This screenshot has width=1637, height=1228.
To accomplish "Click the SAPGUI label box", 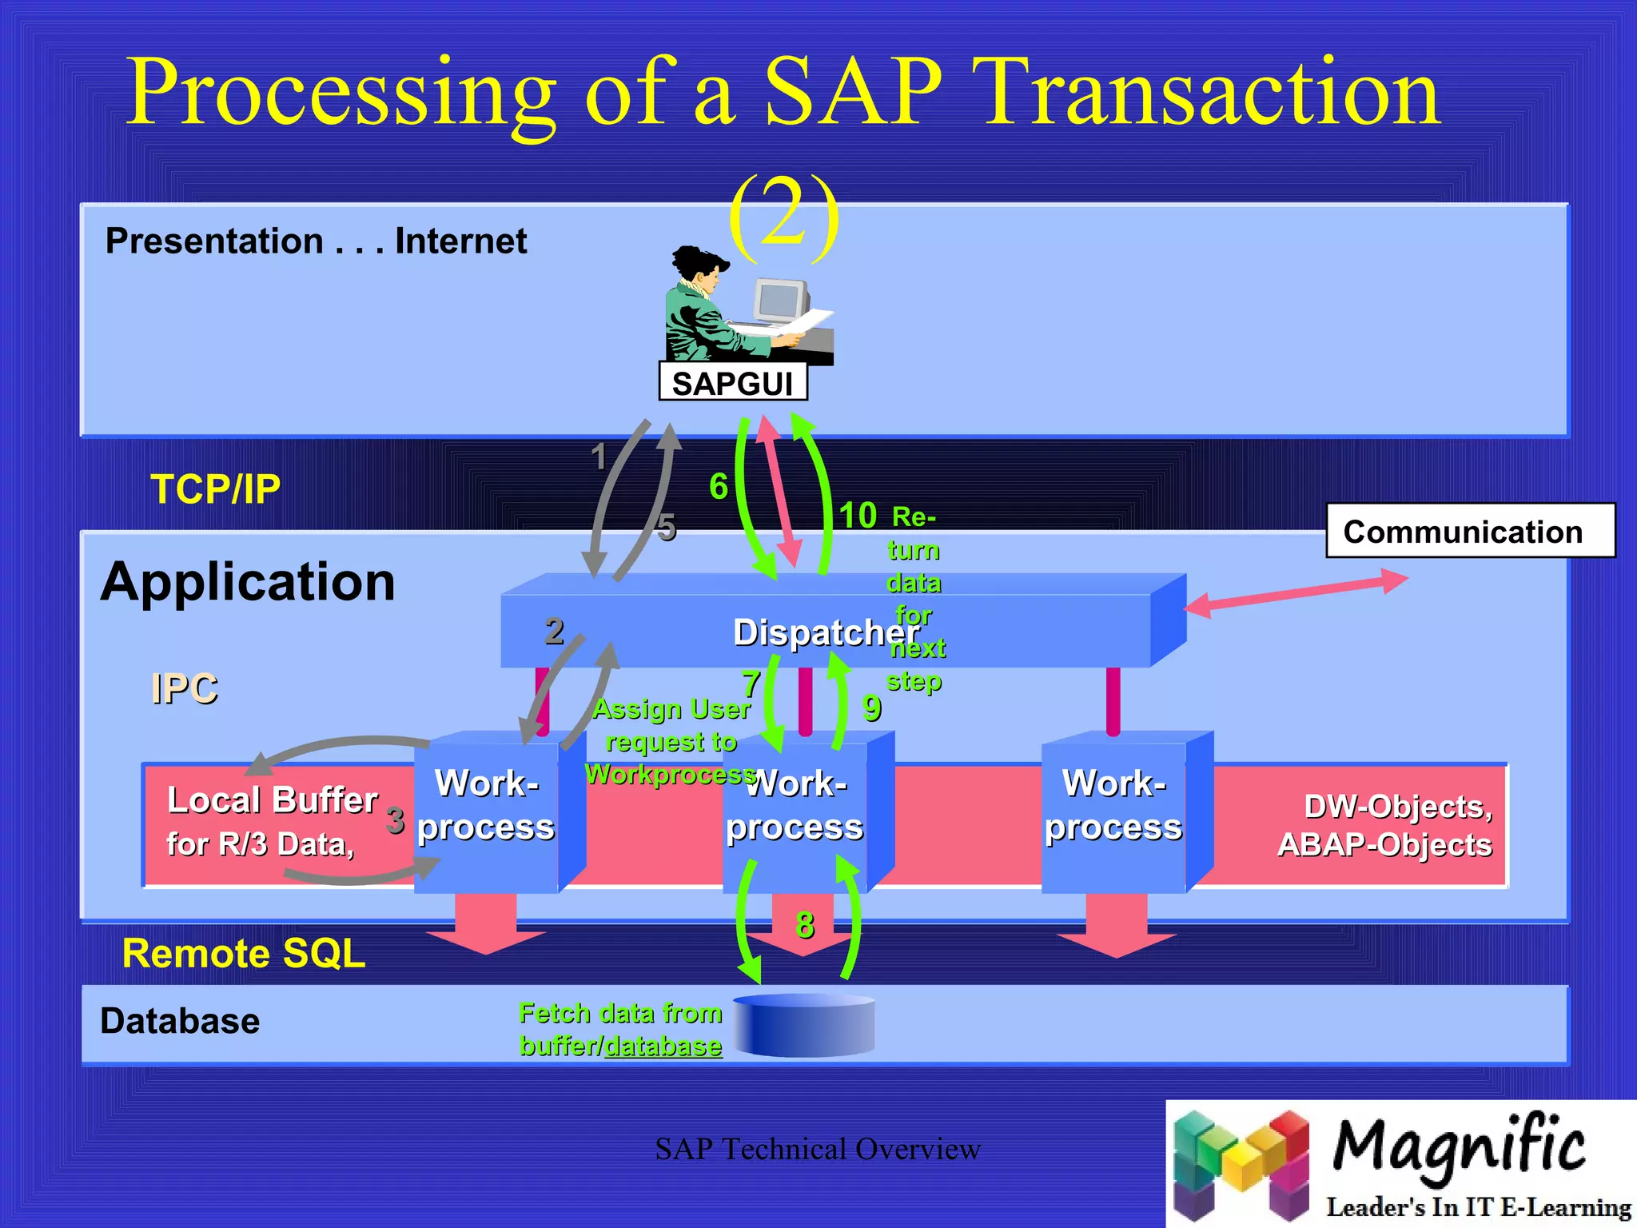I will point(732,382).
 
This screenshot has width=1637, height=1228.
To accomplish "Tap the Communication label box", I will point(1469,531).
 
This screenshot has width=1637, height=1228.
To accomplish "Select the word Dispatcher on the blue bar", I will point(823,632).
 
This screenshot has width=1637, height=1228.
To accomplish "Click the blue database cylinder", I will point(803,1025).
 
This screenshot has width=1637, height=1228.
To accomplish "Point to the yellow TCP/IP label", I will point(215,488).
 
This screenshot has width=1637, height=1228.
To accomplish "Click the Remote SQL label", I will point(243,953).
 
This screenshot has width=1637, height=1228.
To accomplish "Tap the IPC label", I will point(184,688).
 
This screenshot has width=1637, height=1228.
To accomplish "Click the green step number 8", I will point(804,924).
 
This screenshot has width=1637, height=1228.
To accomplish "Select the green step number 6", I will point(718,486).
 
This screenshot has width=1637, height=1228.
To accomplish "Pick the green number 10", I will point(857,516).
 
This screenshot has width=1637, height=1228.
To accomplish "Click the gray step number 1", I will point(599,457).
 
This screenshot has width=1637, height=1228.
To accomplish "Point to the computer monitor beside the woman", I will point(780,301).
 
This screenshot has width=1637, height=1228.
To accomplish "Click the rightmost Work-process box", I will point(1114,807).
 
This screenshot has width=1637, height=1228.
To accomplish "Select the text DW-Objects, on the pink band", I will point(1397,806).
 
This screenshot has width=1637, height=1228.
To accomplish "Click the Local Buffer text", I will point(272,799).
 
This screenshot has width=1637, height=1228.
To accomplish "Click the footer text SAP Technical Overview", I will point(817,1149).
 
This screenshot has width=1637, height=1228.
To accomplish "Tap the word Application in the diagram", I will point(248,581).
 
